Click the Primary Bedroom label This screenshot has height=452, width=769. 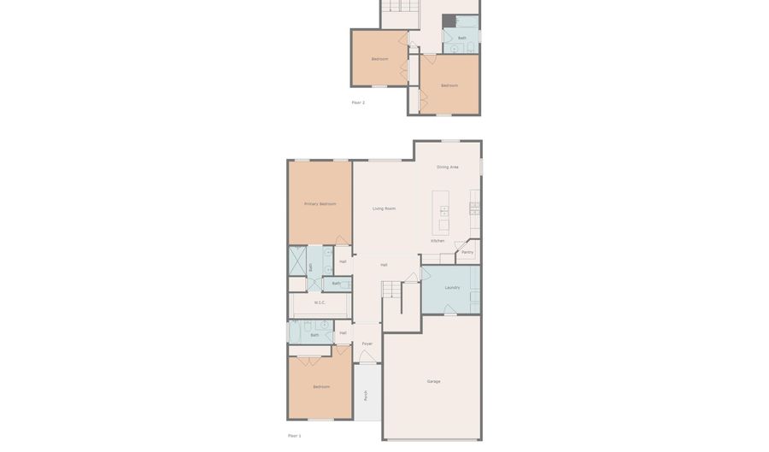pyautogui.click(x=320, y=204)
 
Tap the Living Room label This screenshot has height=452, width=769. pyautogui.click(x=384, y=208)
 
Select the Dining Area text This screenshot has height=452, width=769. pyautogui.click(x=448, y=167)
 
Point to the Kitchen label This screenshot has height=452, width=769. pyautogui.click(x=437, y=241)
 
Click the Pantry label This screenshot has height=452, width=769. pyautogui.click(x=467, y=252)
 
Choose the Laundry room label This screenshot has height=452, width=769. pyautogui.click(x=452, y=288)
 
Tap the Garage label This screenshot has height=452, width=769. pyautogui.click(x=434, y=382)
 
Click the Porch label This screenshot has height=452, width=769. pyautogui.click(x=366, y=396)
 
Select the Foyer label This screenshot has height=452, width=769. pyautogui.click(x=367, y=343)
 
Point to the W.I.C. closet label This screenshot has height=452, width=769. pyautogui.click(x=320, y=302)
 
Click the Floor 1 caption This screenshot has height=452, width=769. pyautogui.click(x=294, y=436)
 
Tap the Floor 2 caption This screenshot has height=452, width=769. pyautogui.click(x=358, y=103)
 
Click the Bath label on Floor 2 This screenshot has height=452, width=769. pyautogui.click(x=462, y=38)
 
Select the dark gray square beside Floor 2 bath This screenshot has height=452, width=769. pyautogui.click(x=449, y=21)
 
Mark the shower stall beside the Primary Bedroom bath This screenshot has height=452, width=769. pyautogui.click(x=297, y=261)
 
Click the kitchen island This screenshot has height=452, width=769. pyautogui.click(x=441, y=213)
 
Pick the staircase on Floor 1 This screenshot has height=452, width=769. pyautogui.click(x=391, y=290)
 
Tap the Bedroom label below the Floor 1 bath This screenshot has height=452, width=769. pyautogui.click(x=321, y=387)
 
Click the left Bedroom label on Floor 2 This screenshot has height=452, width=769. pyautogui.click(x=379, y=59)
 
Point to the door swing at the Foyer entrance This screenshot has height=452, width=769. pyautogui.click(x=367, y=356)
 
